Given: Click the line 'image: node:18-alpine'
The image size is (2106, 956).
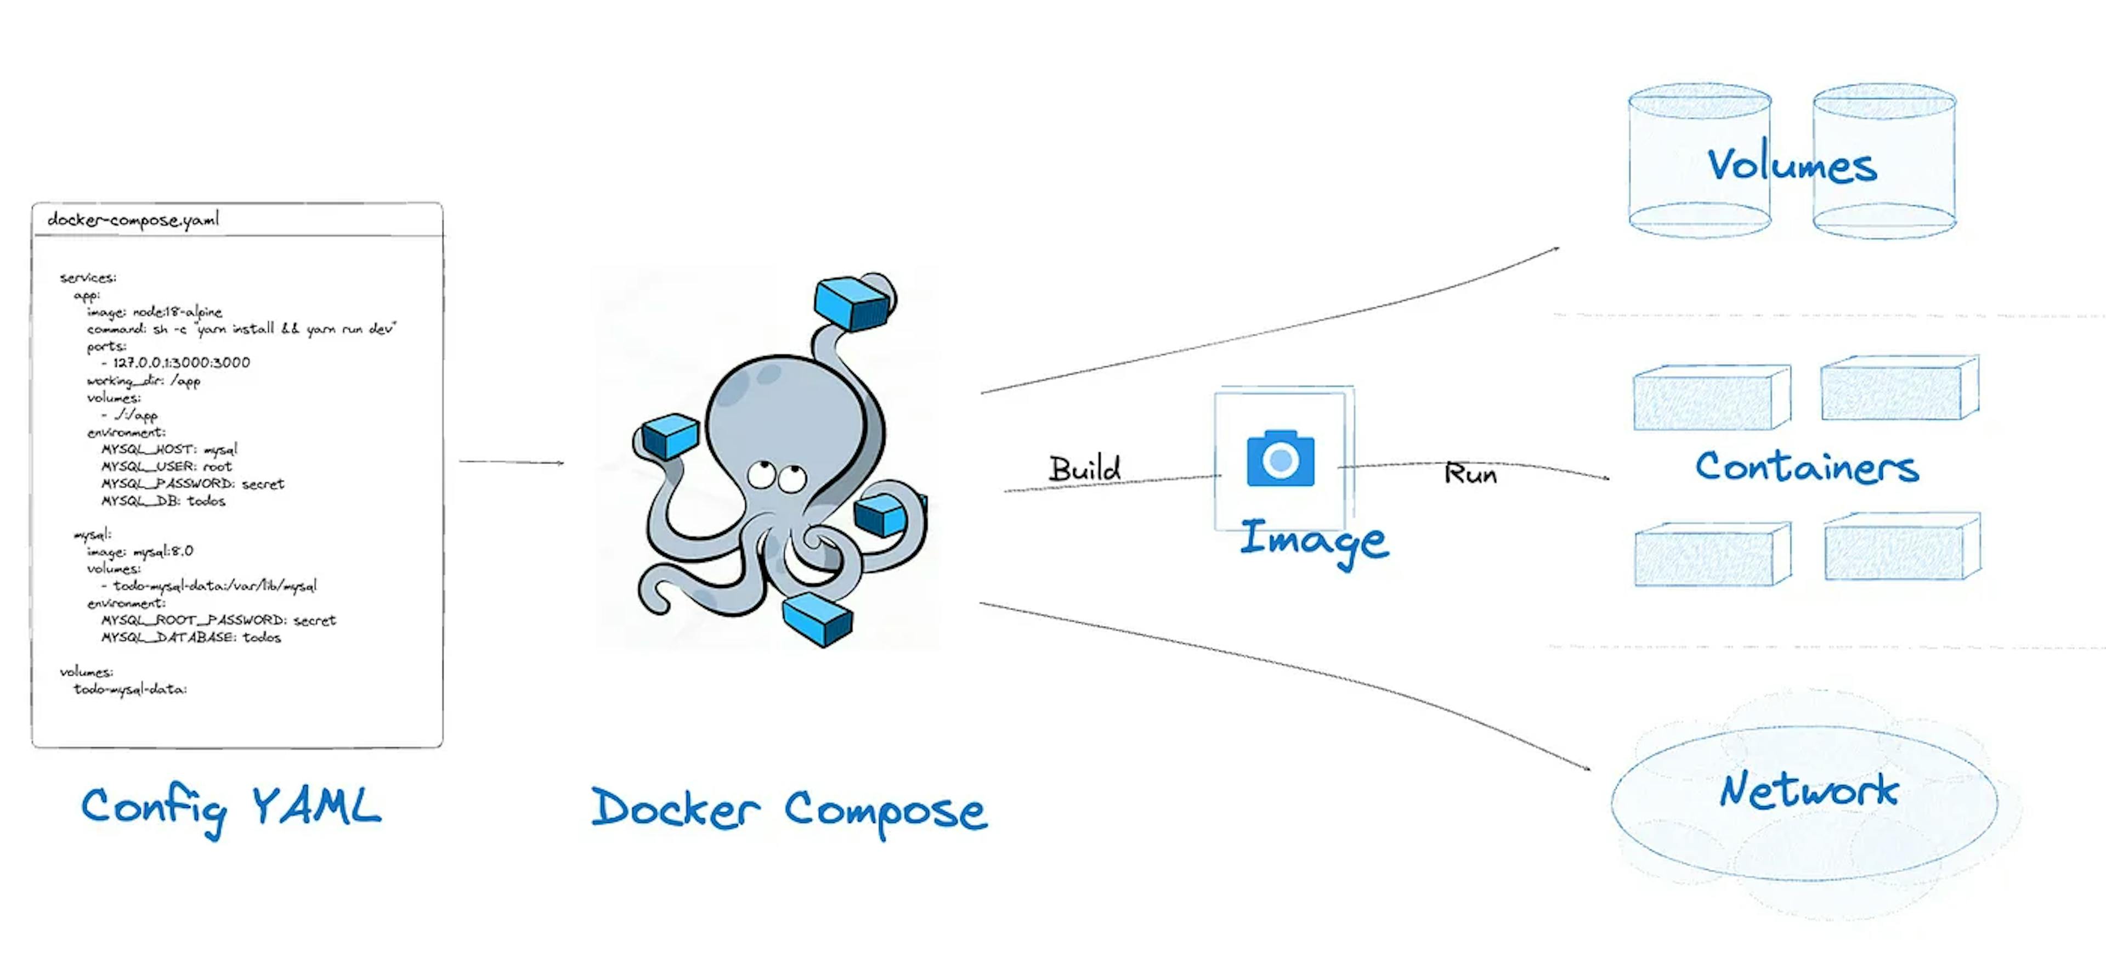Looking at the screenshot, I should tap(155, 312).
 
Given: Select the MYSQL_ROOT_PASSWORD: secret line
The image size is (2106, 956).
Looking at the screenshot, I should tap(218, 620).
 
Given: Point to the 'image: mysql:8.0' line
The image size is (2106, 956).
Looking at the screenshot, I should tap(140, 551).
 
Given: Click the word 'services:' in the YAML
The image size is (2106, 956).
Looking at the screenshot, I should tap(88, 277).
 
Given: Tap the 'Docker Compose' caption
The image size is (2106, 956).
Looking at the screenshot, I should tap(789, 809).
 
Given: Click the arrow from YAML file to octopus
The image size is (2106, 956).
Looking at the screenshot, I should tap(511, 462).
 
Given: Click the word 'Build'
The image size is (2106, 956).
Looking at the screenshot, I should tap(1084, 469).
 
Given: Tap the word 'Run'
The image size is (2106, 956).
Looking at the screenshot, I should tap(1470, 474).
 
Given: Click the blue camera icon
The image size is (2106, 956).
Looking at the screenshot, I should tap(1280, 459).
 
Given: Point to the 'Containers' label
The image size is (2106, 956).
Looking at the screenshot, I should tap(1806, 467).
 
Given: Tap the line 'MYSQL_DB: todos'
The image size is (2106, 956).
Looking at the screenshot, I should tap(163, 501).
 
